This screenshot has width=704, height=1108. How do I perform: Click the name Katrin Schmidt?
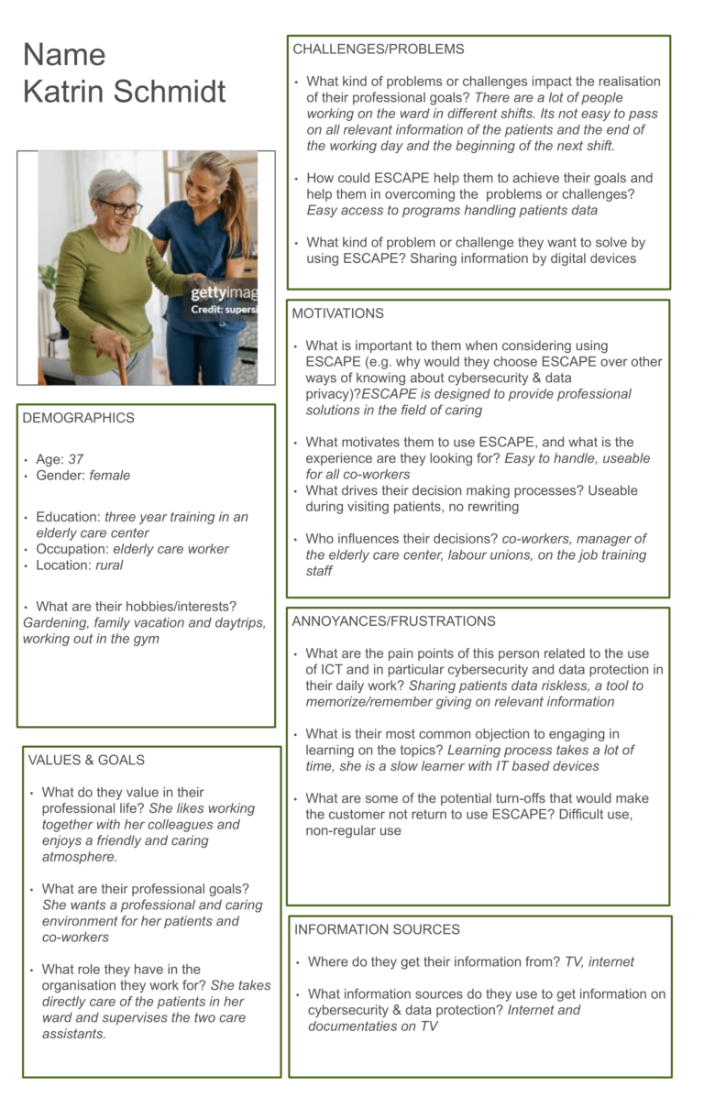click(124, 92)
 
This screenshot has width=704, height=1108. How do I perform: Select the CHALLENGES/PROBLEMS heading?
click(378, 49)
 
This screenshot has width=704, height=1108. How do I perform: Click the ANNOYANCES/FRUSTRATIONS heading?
click(393, 621)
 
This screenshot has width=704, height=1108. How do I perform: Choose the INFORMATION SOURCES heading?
click(377, 929)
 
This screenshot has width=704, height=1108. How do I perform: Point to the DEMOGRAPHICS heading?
click(78, 418)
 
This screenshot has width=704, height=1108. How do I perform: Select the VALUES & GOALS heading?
click(86, 760)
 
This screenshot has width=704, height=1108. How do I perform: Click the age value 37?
click(76, 459)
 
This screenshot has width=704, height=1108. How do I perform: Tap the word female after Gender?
click(110, 476)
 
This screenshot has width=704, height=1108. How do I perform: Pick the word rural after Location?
click(109, 565)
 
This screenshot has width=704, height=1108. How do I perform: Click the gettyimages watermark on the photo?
click(223, 294)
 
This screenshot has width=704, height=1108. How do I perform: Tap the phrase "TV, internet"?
click(599, 961)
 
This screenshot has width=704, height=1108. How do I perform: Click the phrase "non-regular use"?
click(353, 830)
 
